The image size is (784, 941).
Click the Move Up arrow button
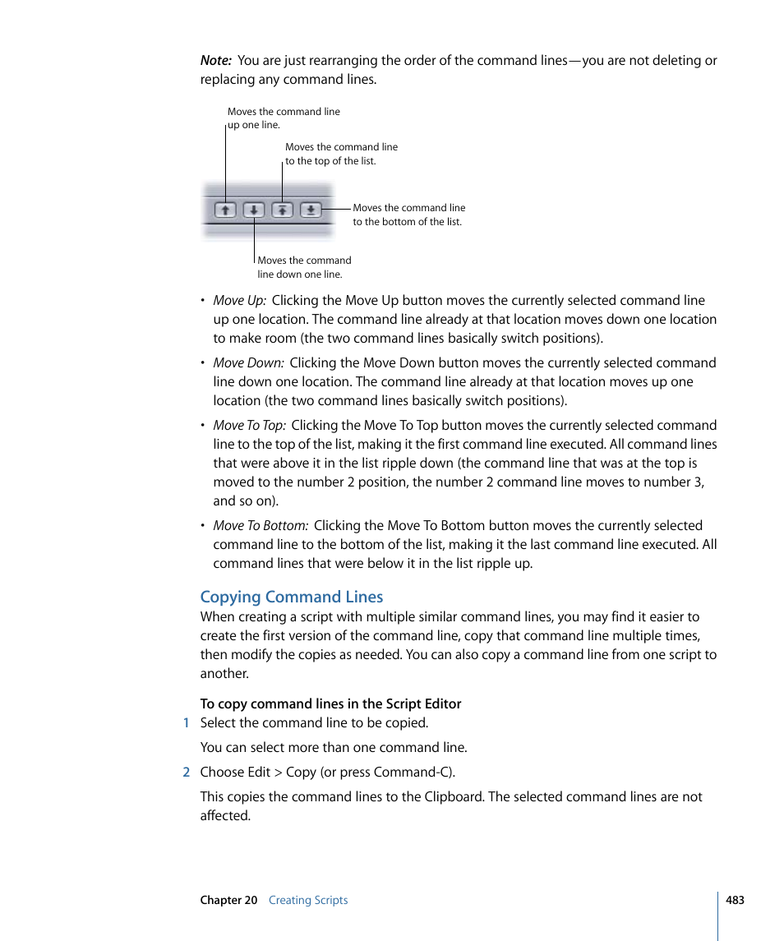[225, 210]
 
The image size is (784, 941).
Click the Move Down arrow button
[254, 210]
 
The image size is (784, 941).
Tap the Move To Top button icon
[282, 210]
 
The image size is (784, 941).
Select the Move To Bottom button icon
[311, 210]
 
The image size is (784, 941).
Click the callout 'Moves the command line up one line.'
[283, 118]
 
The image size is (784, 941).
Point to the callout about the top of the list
[340, 154]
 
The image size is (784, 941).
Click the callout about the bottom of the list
[408, 214]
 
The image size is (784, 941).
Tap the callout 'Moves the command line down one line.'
[303, 267]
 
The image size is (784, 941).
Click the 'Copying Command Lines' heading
[292, 597]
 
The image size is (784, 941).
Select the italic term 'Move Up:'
[239, 301]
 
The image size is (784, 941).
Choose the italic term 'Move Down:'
[248, 363]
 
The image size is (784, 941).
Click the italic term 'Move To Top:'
[249, 426]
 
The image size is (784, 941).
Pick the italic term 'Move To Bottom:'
[261, 526]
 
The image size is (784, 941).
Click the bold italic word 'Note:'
[215, 61]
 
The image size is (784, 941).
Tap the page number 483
[735, 900]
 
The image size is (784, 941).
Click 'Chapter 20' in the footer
[228, 900]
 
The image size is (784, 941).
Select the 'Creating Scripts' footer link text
[308, 900]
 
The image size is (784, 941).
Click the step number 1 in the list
[187, 723]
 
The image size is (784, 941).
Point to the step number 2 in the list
[187, 773]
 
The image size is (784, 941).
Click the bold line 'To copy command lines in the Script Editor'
[330, 703]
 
